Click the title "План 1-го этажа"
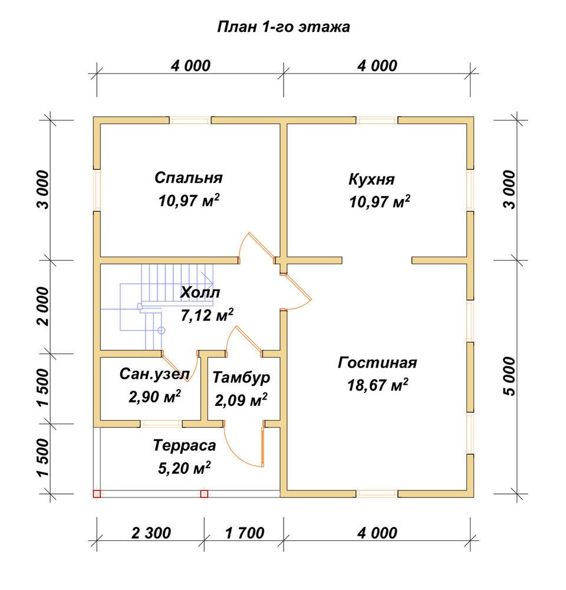(x=284, y=27)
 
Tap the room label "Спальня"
(x=189, y=177)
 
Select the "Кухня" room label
(x=371, y=179)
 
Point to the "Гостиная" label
(x=377, y=362)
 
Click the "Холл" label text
(x=200, y=292)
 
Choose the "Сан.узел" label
(x=154, y=373)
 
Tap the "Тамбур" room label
(x=242, y=377)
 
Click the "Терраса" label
(x=185, y=445)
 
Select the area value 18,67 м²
(x=377, y=385)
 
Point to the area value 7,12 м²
(x=207, y=315)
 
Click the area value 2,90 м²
(x=154, y=396)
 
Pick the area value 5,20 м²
(x=185, y=468)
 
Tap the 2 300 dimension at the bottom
(x=151, y=533)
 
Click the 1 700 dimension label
(x=245, y=533)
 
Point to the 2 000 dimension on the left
(x=43, y=306)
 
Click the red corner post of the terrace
(x=97, y=494)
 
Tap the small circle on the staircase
(x=162, y=330)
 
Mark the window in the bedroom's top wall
(x=190, y=120)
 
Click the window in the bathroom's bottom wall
(x=162, y=424)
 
